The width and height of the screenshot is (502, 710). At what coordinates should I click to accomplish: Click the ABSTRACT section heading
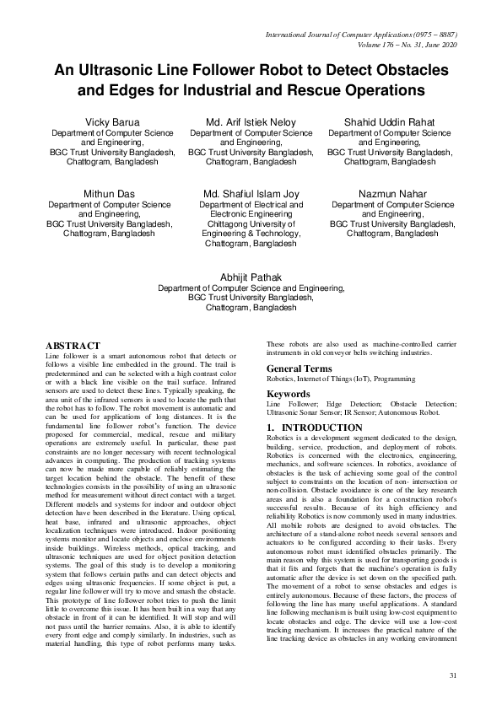(x=73, y=347)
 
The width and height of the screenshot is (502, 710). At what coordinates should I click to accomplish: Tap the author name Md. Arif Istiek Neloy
(x=251, y=122)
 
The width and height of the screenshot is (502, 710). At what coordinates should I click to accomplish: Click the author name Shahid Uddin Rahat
(x=389, y=122)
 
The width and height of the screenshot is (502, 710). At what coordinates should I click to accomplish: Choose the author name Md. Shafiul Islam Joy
(x=251, y=194)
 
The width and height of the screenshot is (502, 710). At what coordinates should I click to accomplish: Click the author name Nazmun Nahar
(x=389, y=194)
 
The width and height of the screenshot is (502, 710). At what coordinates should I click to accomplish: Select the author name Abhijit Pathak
(x=251, y=277)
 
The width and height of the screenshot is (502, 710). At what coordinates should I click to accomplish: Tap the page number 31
(x=452, y=676)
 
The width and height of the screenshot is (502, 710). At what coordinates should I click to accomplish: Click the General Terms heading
(x=300, y=369)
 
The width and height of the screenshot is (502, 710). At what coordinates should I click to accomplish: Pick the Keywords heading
(x=289, y=394)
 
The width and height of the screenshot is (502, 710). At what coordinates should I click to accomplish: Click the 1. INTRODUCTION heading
(x=308, y=428)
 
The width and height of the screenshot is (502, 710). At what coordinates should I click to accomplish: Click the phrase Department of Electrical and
(x=251, y=204)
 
